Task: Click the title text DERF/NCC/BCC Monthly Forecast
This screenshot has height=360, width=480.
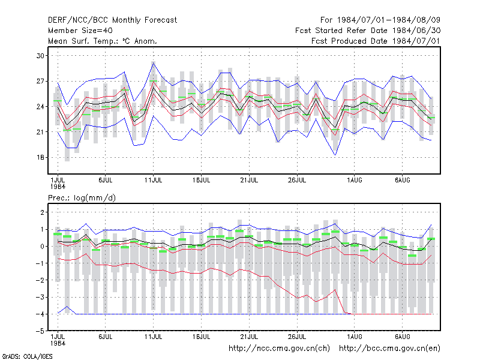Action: click(x=112, y=20)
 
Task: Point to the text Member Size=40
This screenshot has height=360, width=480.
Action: click(x=80, y=31)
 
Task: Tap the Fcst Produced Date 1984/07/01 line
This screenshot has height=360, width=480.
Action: click(x=376, y=41)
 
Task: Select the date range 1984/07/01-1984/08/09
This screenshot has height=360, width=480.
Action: click(x=389, y=20)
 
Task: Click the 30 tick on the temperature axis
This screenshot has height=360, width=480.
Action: click(x=40, y=56)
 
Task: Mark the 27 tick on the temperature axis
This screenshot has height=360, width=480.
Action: click(x=40, y=81)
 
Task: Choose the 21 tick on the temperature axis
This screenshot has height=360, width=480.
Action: click(x=40, y=132)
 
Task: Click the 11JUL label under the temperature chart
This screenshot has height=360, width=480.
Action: click(x=153, y=180)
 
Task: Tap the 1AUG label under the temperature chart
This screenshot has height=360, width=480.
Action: click(x=354, y=180)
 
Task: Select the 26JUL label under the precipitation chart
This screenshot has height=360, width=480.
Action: click(x=297, y=337)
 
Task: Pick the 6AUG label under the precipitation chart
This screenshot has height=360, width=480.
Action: click(x=402, y=337)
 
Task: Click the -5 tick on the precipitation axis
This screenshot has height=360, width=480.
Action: click(x=40, y=331)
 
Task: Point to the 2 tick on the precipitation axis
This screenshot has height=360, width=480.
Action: click(x=42, y=212)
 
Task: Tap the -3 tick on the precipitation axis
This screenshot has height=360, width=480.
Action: click(x=40, y=297)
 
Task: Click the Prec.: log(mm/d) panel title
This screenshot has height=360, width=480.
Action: click(x=82, y=198)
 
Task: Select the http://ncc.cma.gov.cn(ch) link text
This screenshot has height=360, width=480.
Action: click(x=279, y=349)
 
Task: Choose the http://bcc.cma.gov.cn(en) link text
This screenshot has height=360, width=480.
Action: click(x=389, y=349)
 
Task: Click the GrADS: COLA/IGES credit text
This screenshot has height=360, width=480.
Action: click(x=27, y=356)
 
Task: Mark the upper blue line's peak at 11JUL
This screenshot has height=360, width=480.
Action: click(x=154, y=62)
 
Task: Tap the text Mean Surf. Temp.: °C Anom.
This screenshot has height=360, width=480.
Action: click(x=103, y=41)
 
